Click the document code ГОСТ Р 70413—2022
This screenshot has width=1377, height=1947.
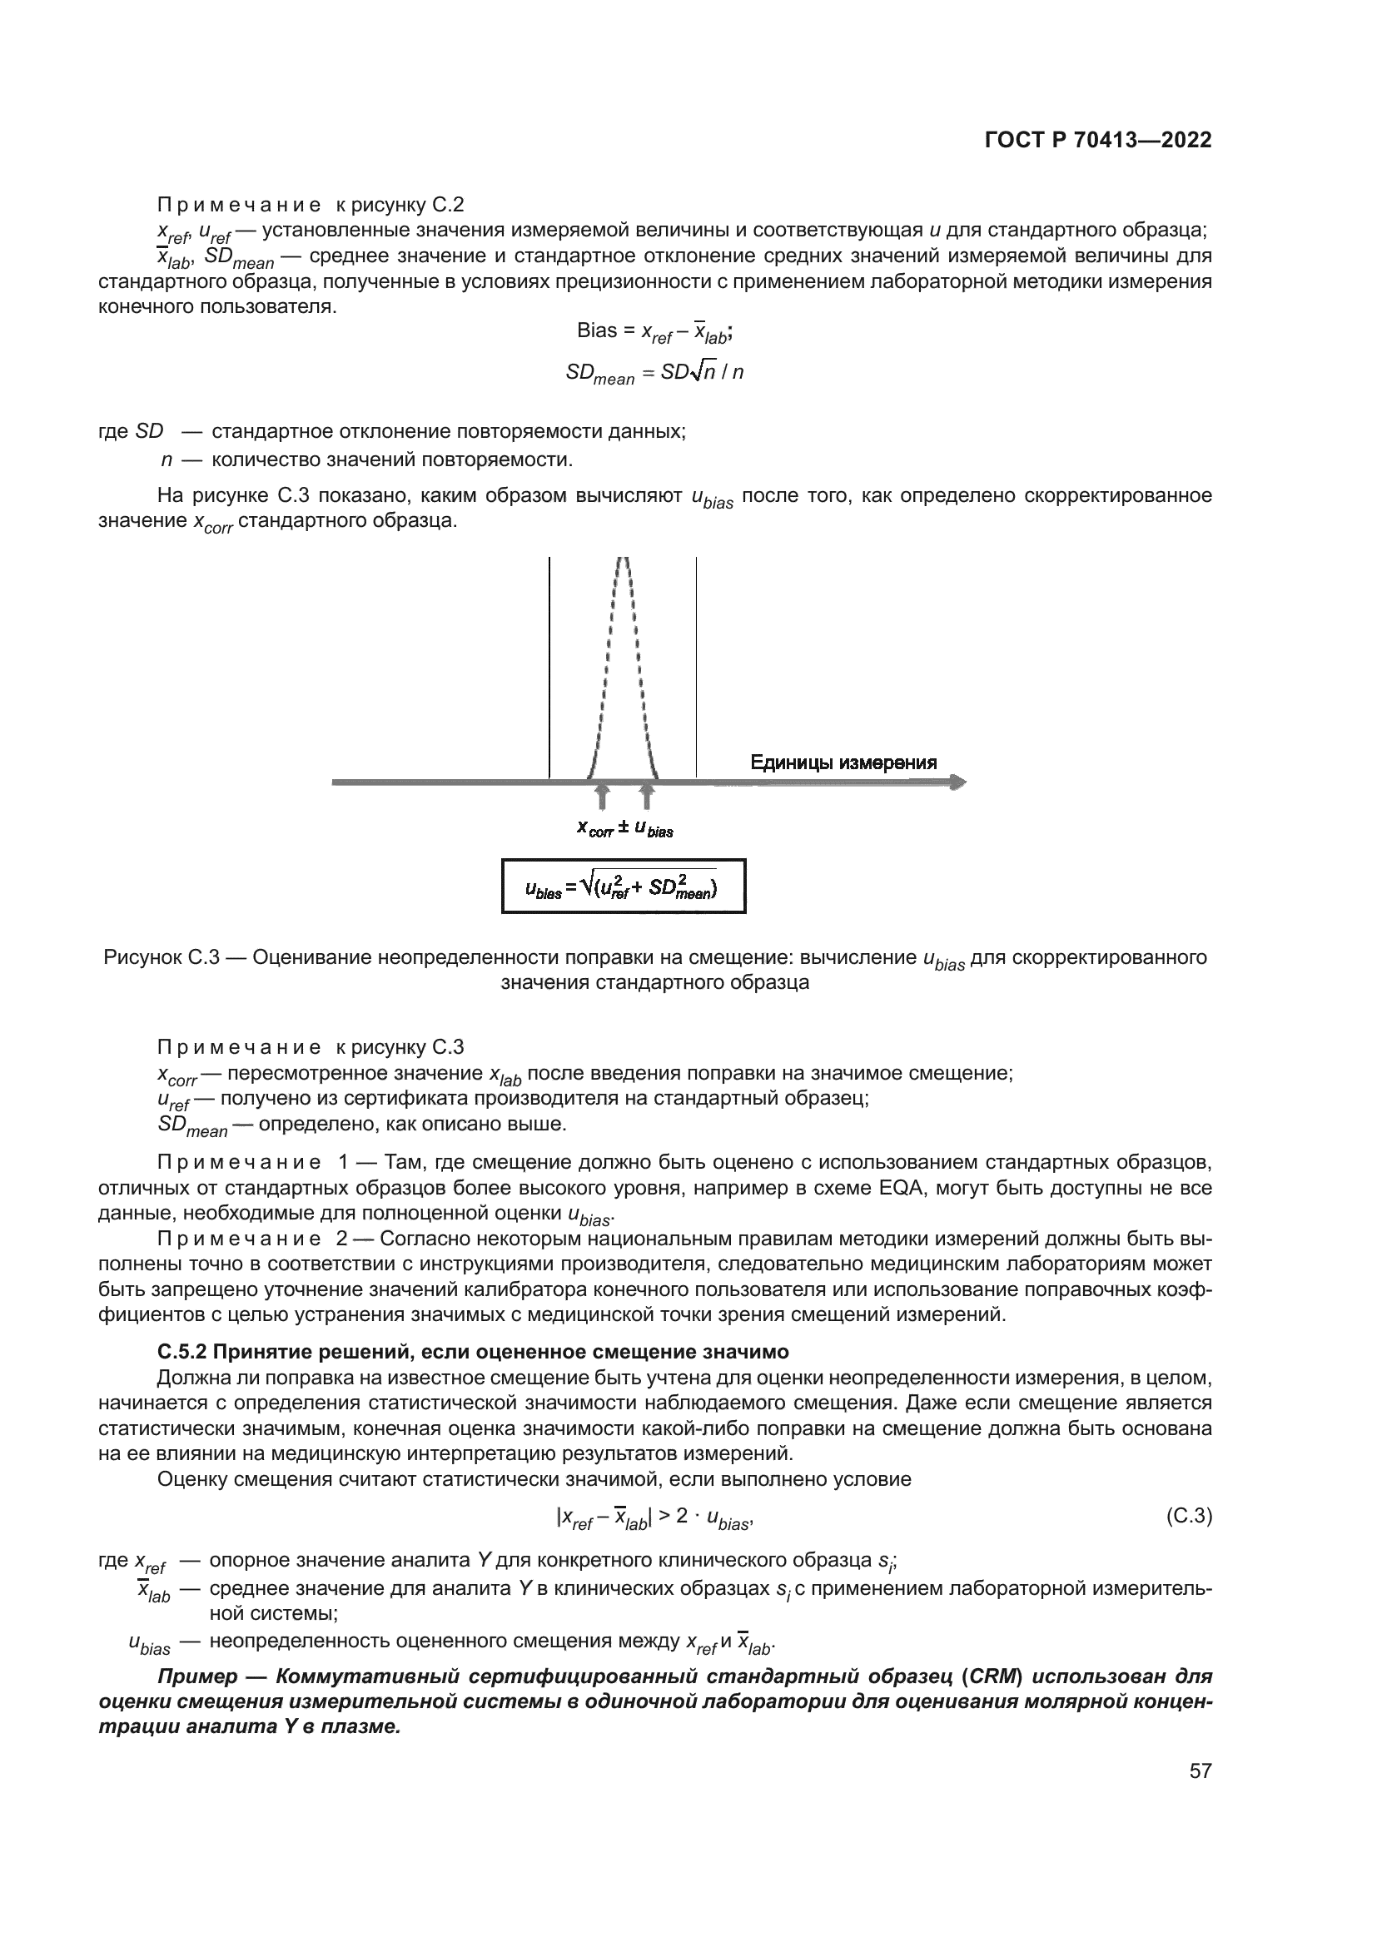pyautogui.click(x=1097, y=141)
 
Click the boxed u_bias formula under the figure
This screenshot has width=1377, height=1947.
pyautogui.click(x=624, y=887)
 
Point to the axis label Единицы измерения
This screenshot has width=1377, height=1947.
pyautogui.click(x=843, y=762)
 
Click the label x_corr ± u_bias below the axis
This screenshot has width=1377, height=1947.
pyautogui.click(x=625, y=828)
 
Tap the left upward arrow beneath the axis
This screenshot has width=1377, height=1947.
pyautogui.click(x=602, y=797)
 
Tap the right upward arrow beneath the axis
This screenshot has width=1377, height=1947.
pyautogui.click(x=647, y=797)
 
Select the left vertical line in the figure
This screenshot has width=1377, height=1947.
pyautogui.click(x=549, y=670)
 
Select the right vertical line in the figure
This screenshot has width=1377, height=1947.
pyautogui.click(x=696, y=670)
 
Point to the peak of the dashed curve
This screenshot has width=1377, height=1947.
pyautogui.click(x=624, y=561)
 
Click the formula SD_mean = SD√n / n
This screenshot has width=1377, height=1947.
pyautogui.click(x=654, y=373)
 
